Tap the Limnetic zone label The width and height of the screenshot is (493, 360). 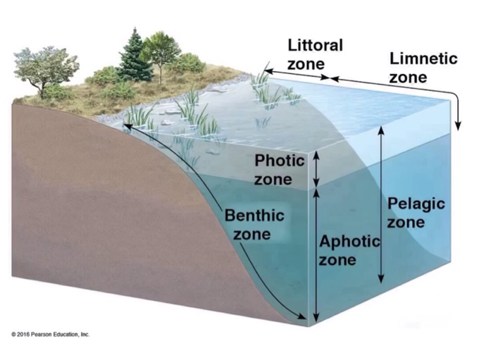click(x=422, y=67)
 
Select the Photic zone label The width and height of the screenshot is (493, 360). click(x=279, y=170)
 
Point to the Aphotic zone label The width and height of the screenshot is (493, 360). click(x=349, y=251)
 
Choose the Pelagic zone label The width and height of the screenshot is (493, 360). click(x=416, y=212)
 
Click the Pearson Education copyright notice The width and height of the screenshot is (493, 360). click(x=50, y=334)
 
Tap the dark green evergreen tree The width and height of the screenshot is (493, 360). click(x=133, y=56)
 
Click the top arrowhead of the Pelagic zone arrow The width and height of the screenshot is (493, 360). click(x=381, y=130)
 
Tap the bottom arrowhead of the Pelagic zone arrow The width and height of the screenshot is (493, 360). click(x=381, y=278)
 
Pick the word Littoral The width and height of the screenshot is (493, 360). click(x=316, y=46)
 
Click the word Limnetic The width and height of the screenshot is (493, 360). click(x=423, y=58)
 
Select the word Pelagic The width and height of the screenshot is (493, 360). click(x=416, y=204)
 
